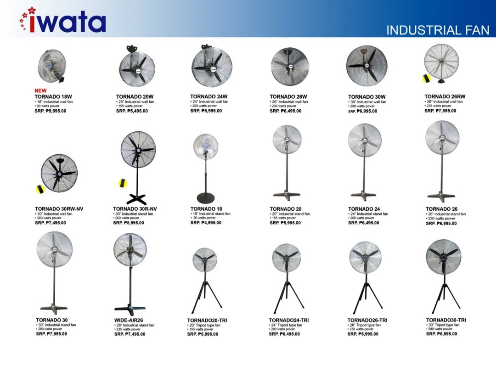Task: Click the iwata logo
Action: point(62,21)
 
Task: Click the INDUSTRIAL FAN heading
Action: point(438,30)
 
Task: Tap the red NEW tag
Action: point(40,91)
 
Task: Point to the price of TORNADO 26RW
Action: point(445,111)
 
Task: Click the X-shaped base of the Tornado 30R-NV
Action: point(136,199)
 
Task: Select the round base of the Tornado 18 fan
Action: point(205,198)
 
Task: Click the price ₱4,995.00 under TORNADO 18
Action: point(206,223)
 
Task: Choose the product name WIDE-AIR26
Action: point(129,320)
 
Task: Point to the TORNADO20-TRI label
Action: point(207,320)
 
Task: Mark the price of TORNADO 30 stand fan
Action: point(51,334)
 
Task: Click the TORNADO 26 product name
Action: point(441,209)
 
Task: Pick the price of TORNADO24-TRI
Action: point(284,334)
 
